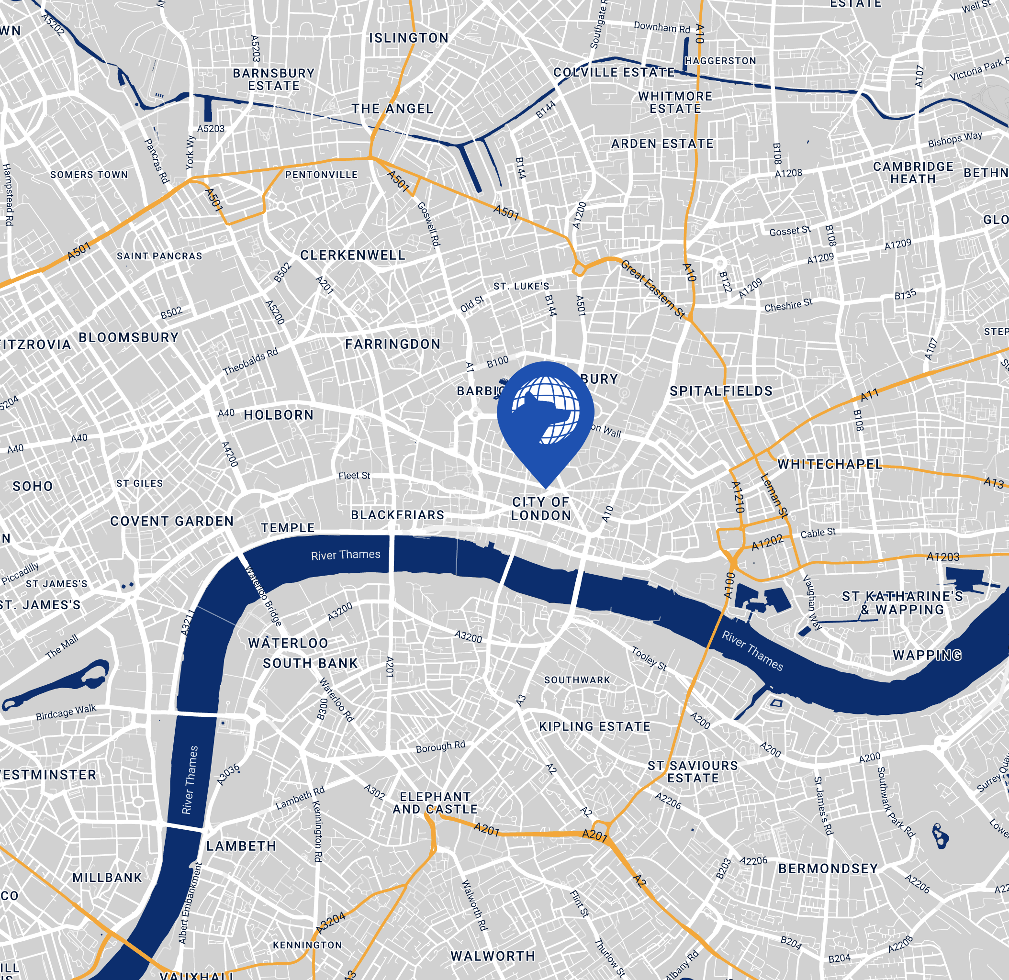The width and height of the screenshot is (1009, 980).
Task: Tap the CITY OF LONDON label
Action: [x=540, y=509]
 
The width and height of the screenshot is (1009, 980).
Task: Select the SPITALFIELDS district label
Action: [x=721, y=391]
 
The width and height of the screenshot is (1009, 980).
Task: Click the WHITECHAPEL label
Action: [x=830, y=464]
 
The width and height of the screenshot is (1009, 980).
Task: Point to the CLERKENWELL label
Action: [x=353, y=256]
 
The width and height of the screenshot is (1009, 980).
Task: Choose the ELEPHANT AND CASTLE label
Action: [x=435, y=803]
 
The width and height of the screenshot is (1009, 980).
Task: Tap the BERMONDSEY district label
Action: [x=828, y=869]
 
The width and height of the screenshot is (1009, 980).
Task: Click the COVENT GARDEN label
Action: [x=172, y=522]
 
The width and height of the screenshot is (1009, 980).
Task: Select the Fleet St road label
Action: [x=354, y=476]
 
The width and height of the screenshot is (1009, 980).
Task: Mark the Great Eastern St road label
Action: [x=652, y=290]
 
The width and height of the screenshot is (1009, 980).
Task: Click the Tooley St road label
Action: [x=649, y=659]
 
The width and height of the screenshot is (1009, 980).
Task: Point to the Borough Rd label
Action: [x=440, y=746]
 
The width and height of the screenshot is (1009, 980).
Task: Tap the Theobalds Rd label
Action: [x=250, y=361]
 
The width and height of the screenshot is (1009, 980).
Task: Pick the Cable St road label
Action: [x=818, y=533]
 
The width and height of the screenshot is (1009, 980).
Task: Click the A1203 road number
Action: [x=942, y=557]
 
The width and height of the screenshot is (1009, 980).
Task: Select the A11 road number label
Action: [x=870, y=395]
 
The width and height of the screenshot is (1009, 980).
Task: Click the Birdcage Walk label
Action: [x=66, y=713]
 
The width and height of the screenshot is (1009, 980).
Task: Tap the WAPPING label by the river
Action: [x=927, y=655]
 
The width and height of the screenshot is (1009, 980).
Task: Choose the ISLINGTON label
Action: [x=409, y=38]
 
